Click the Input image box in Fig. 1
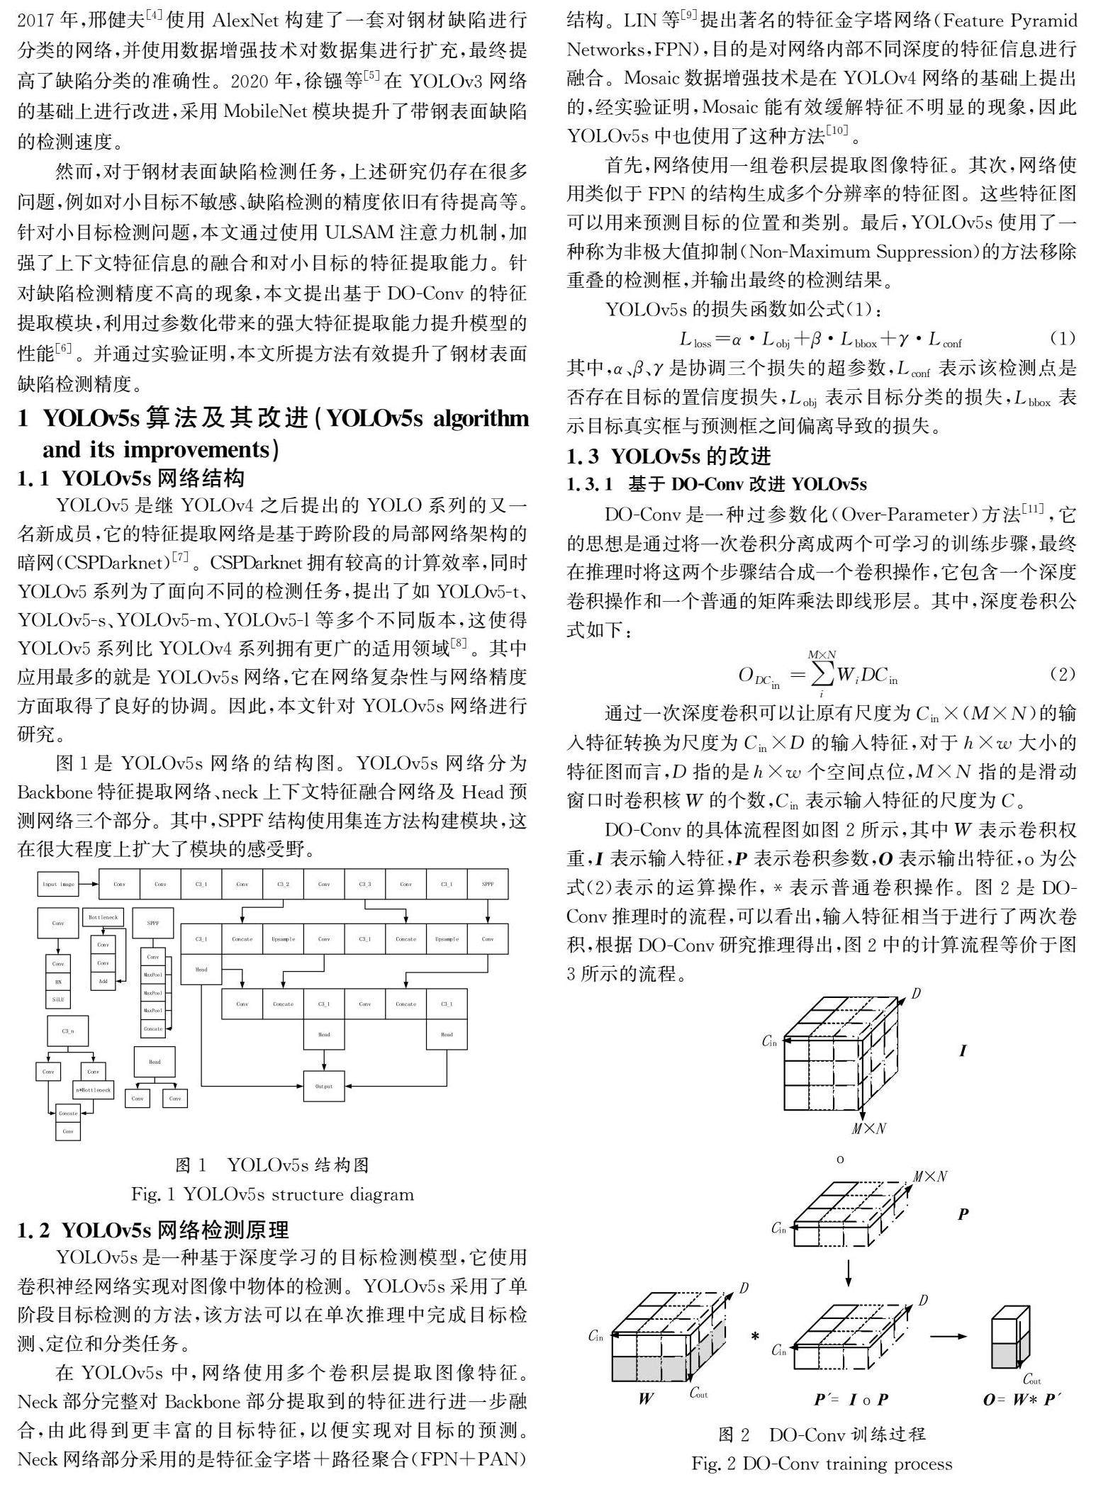58,884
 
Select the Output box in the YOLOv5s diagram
324,1086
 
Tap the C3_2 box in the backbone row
283,884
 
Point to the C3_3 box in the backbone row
364,884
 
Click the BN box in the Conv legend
58,982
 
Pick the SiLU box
58,999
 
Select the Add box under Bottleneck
103,982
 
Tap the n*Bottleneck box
94,1089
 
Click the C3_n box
68,1031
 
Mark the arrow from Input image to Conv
88,884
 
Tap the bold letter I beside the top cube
963,1050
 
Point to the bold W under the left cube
646,1398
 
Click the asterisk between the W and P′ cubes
756,1337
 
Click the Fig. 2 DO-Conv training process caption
822,1463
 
